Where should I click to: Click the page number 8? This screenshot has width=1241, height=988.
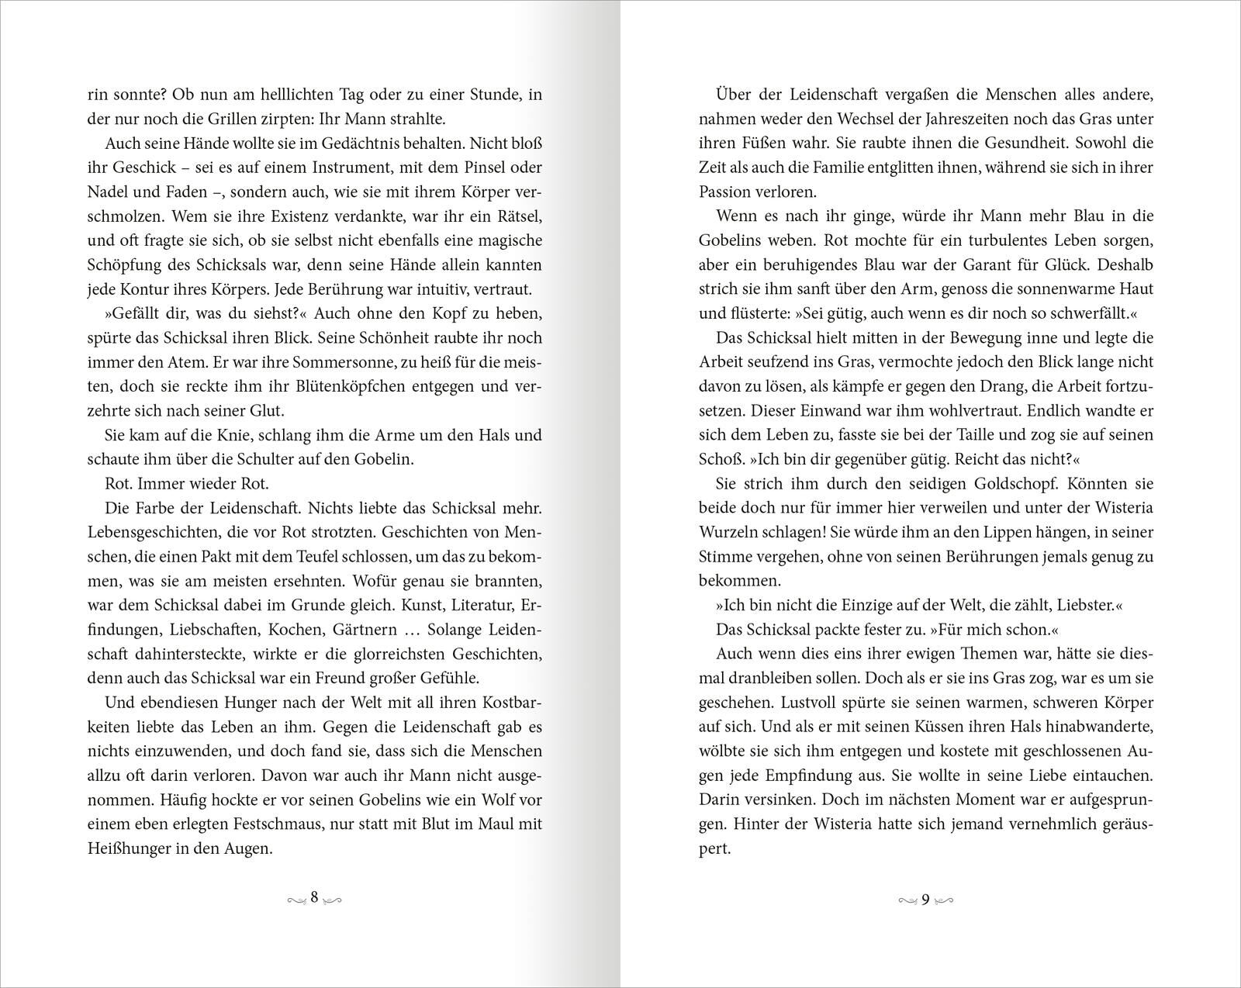coord(314,897)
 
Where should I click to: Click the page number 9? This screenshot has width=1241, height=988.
coord(925,900)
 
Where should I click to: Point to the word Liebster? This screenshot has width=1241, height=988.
coord(1084,604)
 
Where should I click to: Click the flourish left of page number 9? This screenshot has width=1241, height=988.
coord(908,900)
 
